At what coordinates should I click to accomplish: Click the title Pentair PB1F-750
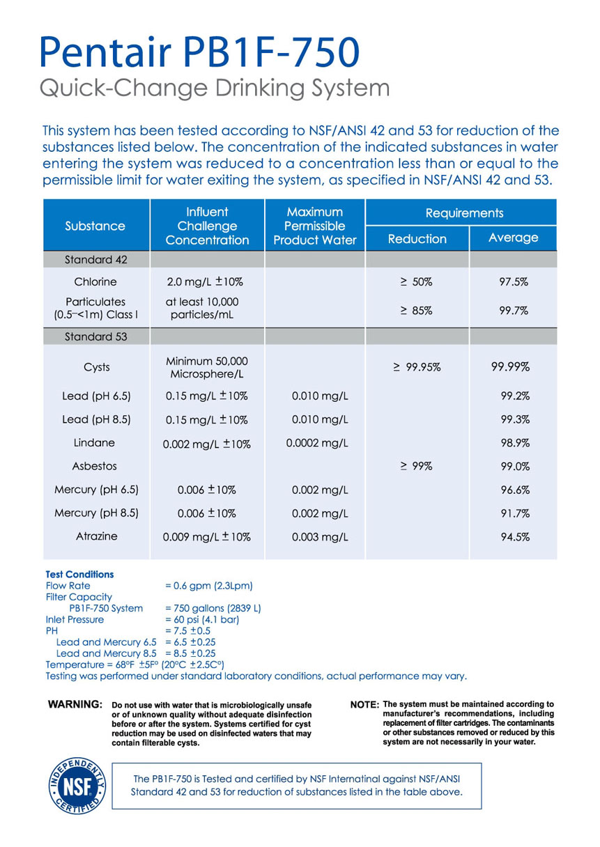click(x=201, y=53)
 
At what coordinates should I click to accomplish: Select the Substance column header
click(x=95, y=226)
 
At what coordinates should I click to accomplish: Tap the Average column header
click(x=514, y=238)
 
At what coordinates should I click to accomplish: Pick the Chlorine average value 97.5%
click(x=514, y=282)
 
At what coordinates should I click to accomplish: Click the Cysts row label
click(x=95, y=367)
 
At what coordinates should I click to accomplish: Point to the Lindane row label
click(x=95, y=442)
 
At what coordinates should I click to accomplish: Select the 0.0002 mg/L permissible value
click(x=315, y=442)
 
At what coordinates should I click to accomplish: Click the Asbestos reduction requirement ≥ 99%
click(x=417, y=467)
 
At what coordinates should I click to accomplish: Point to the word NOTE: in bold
click(x=365, y=705)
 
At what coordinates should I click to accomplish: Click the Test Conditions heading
click(x=79, y=575)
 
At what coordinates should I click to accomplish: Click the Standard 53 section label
click(x=95, y=336)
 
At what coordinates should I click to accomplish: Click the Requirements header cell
click(x=463, y=212)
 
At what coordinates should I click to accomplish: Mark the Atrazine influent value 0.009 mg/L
click(x=206, y=537)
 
